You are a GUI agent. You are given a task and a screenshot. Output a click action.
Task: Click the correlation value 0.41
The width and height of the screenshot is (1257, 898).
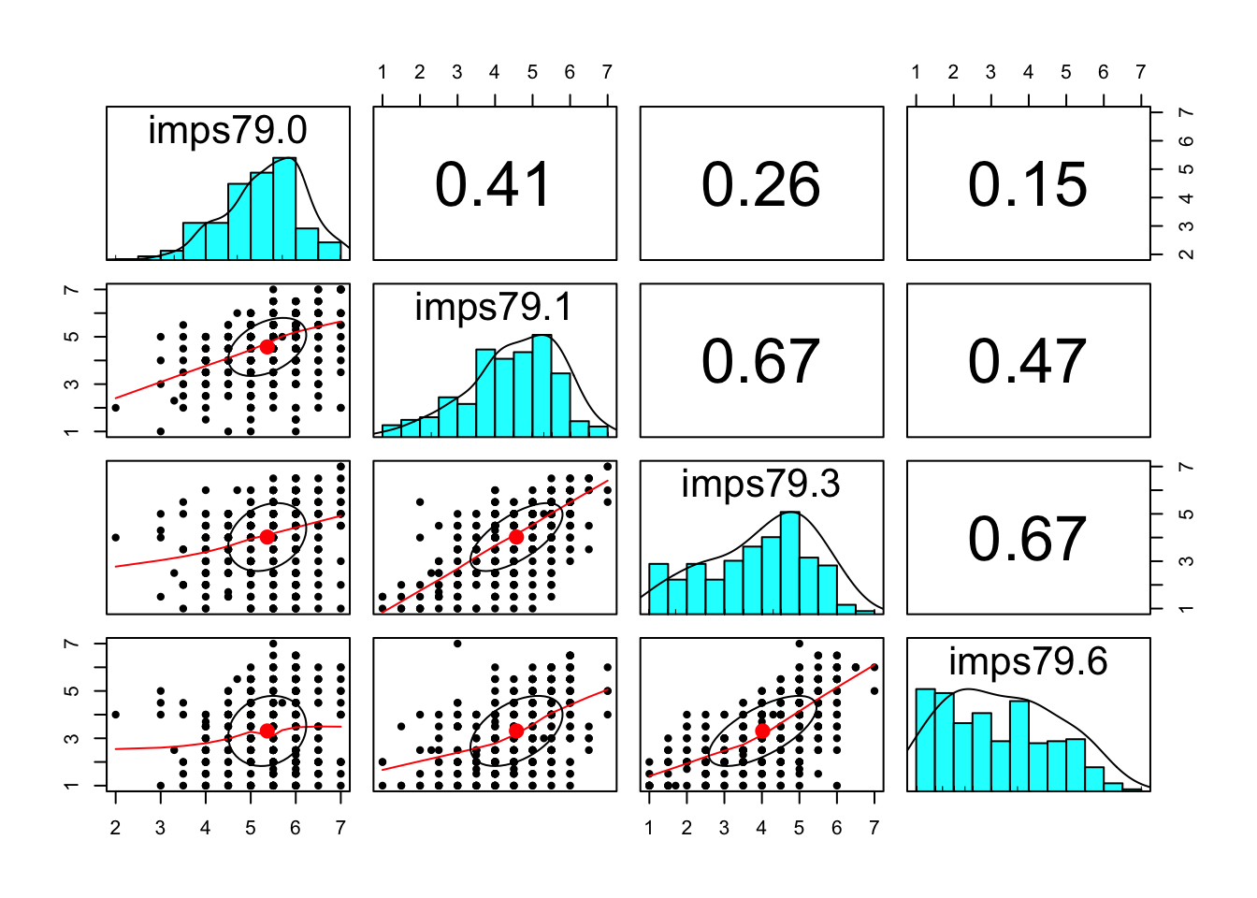coord(494,184)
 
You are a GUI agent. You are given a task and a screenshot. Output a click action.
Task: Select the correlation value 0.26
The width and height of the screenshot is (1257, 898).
coord(761,184)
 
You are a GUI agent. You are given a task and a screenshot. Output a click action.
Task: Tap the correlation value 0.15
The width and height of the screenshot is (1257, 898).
coord(1028,184)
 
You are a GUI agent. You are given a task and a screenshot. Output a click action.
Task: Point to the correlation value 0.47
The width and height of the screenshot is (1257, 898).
coord(1028,361)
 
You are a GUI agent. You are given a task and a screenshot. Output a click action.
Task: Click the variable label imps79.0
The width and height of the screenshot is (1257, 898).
coord(227,131)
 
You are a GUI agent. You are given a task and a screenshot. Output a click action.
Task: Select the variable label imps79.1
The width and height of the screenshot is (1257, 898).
coord(494,308)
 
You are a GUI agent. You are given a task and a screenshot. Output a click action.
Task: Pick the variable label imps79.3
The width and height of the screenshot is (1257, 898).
coord(761,485)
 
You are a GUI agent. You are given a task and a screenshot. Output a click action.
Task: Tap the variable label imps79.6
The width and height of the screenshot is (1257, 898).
coord(1028,661)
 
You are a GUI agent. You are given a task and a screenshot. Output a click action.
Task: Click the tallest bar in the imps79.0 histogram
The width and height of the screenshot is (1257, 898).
coord(284,208)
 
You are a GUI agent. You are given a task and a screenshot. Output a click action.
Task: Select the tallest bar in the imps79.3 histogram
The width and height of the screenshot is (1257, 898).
coord(790,562)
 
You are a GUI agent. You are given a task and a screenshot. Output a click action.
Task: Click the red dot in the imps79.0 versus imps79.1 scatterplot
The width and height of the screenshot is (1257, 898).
coord(267,347)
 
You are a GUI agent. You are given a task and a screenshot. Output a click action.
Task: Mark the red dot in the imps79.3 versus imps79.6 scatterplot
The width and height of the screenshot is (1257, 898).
coord(762,731)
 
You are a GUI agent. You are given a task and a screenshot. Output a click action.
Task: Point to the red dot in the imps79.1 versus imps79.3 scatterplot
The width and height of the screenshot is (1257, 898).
coord(516,537)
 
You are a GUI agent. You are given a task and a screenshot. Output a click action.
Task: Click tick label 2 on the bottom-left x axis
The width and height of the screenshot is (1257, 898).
coord(115,828)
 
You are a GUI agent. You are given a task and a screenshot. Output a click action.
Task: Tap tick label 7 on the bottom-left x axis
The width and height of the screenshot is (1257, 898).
coord(340,828)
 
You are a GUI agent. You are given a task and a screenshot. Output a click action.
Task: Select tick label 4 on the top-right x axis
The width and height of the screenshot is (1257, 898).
coord(1028,73)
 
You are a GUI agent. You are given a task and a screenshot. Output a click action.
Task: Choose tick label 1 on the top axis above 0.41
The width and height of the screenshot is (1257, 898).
coord(383,73)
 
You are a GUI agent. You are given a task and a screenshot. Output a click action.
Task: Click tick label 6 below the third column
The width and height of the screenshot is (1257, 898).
coord(836,828)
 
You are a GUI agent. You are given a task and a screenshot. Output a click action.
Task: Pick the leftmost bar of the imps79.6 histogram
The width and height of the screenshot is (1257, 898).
coord(925,740)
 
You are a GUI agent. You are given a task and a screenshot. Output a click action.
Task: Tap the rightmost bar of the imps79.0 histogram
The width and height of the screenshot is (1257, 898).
coord(329,250)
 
